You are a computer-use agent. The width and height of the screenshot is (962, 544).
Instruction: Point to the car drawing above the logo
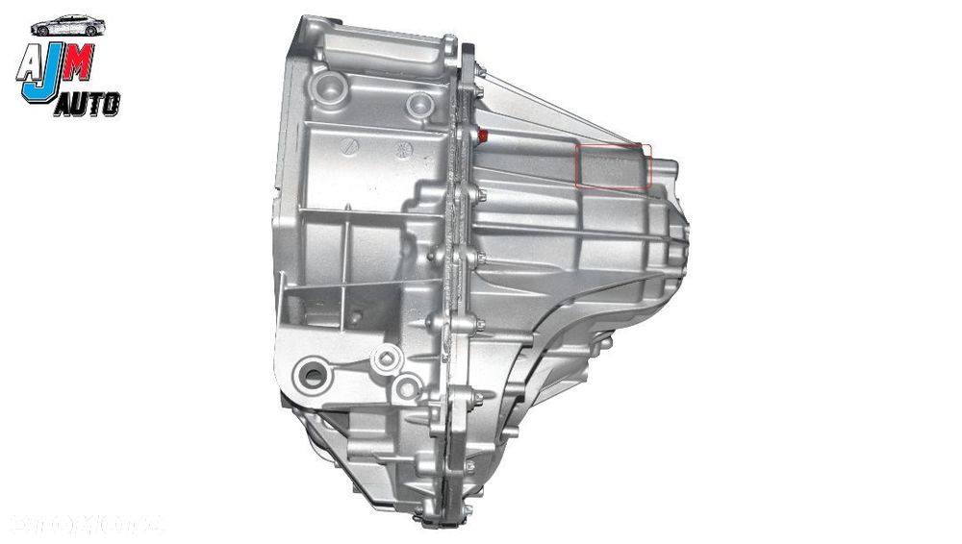coord(67,26)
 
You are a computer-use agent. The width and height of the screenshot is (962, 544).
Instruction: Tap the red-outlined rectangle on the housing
coord(613,166)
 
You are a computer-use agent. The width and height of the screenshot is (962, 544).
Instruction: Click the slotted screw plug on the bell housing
coord(350,146)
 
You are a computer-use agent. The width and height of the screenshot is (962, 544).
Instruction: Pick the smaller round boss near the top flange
coord(419,103)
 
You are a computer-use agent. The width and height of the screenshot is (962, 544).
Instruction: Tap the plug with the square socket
coord(386,360)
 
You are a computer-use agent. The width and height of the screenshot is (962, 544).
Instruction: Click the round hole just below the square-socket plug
coord(407,388)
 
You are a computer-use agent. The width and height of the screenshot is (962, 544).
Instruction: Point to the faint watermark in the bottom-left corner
coord(87,524)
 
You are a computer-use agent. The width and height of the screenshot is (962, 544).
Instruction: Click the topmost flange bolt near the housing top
coord(448,42)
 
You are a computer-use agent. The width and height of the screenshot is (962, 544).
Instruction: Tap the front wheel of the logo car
coord(90,32)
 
